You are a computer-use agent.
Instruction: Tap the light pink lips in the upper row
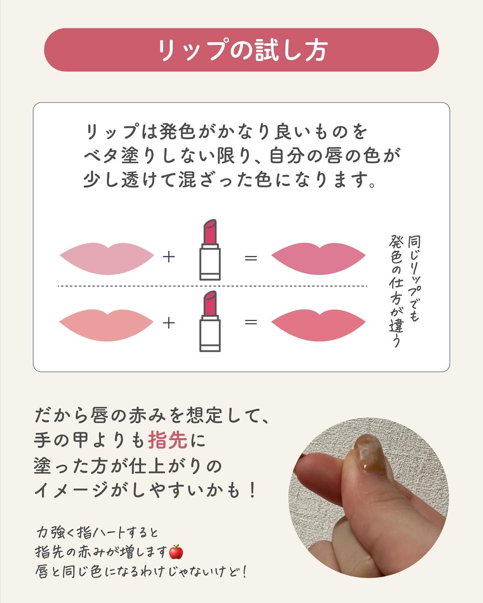click(107, 258)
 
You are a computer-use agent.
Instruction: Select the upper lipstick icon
click(210, 250)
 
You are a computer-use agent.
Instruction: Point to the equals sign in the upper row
click(251, 258)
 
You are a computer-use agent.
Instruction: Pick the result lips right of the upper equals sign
click(318, 258)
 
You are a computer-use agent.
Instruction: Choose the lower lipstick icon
click(210, 321)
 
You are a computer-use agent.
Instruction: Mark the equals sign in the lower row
click(251, 322)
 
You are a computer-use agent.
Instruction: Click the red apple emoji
click(176, 551)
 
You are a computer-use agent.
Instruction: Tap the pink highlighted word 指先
click(168, 441)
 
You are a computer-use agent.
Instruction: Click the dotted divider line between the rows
click(212, 286)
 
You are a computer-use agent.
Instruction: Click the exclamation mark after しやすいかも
click(253, 491)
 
